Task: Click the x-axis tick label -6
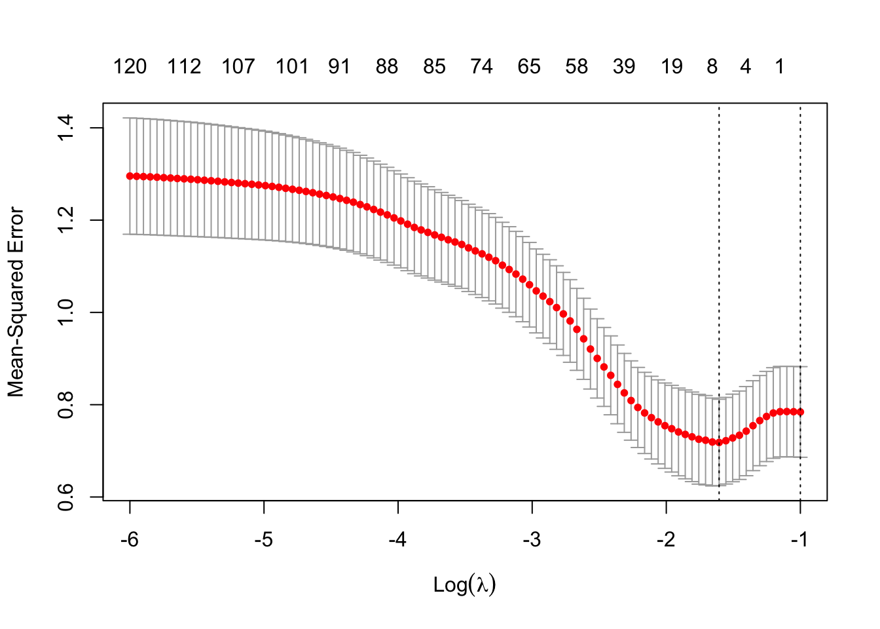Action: pyautogui.click(x=130, y=541)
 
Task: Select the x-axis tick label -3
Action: pyautogui.click(x=532, y=541)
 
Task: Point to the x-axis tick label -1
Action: pyautogui.click(x=799, y=541)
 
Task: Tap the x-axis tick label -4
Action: pyautogui.click(x=397, y=541)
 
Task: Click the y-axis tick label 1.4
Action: pyautogui.click(x=66, y=128)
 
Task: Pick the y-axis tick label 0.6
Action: pyautogui.click(x=66, y=497)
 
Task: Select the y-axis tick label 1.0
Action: pyautogui.click(x=66, y=313)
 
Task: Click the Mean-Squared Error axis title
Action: pyautogui.click(x=16, y=302)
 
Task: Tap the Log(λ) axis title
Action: pyautogui.click(x=465, y=584)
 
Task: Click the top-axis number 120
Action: pyautogui.click(x=130, y=66)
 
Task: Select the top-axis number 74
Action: pyautogui.click(x=481, y=66)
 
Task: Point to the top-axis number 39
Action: pyautogui.click(x=624, y=66)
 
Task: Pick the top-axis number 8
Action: pyautogui.click(x=712, y=66)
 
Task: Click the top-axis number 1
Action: pyautogui.click(x=779, y=66)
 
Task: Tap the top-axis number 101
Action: pyautogui.click(x=291, y=66)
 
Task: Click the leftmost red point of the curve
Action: pyautogui.click(x=130, y=176)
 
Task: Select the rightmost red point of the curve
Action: pyautogui.click(x=800, y=412)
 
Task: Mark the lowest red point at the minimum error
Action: pyautogui.click(x=719, y=442)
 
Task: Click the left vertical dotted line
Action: pyautogui.click(x=719, y=262)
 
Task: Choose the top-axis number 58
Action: pyautogui.click(x=576, y=66)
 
